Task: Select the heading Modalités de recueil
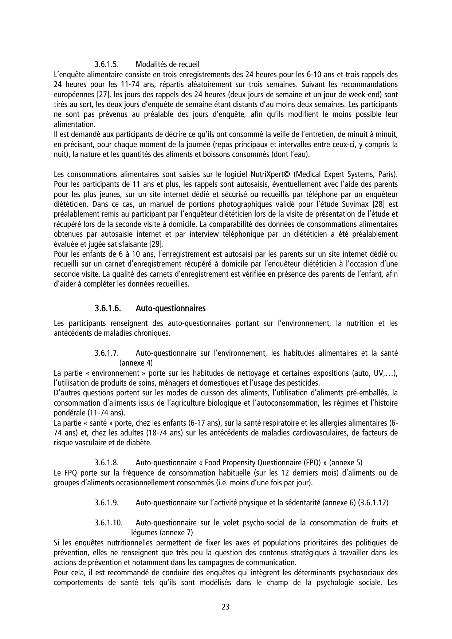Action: (168, 64)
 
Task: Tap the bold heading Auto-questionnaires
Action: (170, 308)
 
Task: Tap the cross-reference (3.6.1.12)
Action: (373, 503)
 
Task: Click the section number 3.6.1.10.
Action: (108, 523)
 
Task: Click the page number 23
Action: (226, 607)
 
